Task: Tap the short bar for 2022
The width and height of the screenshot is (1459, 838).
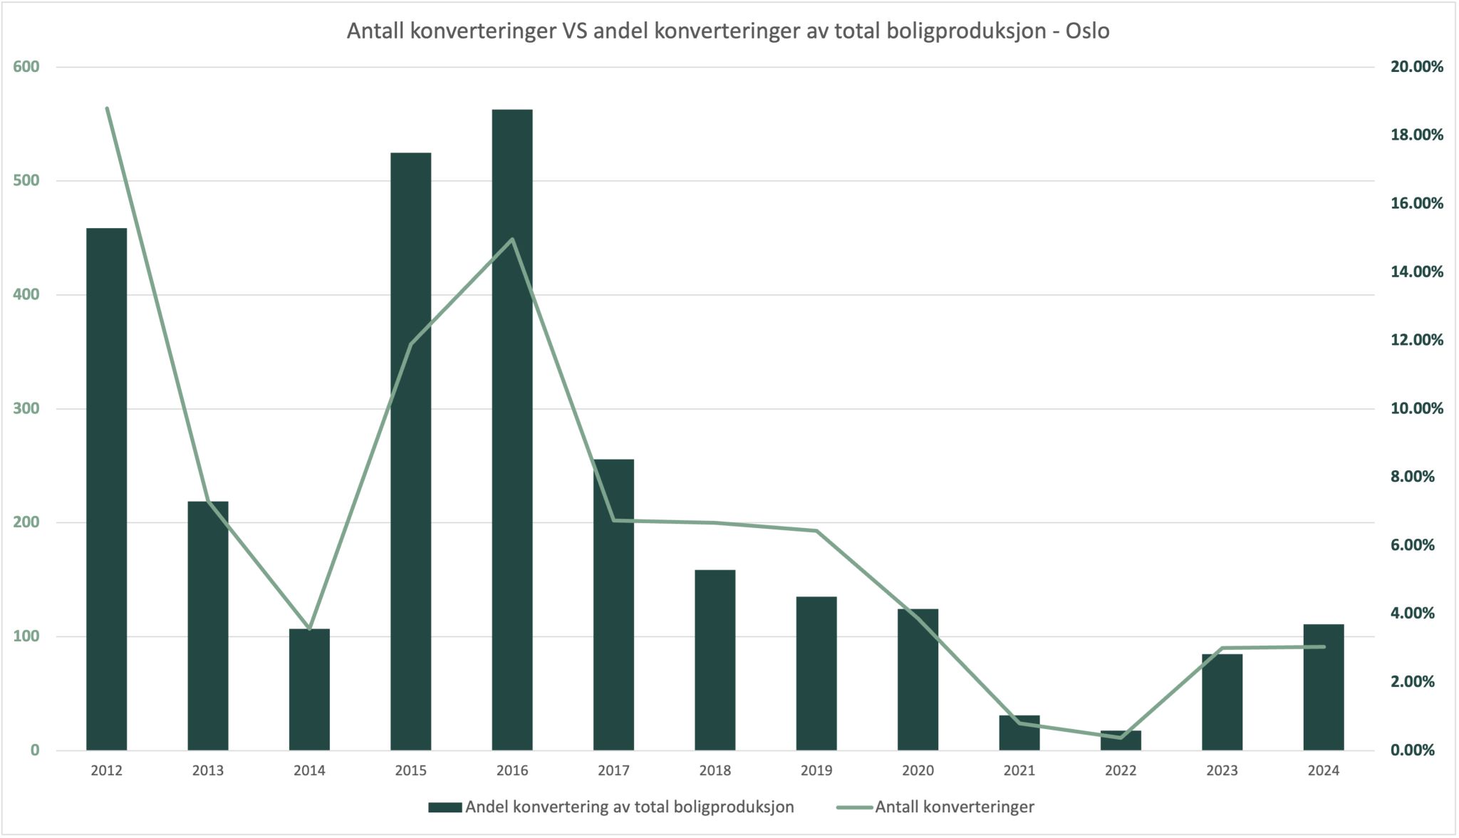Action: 1121,741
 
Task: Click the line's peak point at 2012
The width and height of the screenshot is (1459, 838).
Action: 107,108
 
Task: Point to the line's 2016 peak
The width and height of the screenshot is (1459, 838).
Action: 512,239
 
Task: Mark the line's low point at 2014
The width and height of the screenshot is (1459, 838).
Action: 309,629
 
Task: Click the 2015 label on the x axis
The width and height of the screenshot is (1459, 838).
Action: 411,771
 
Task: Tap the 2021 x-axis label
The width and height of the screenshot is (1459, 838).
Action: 1019,771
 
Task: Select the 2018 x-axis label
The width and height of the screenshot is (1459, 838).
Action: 715,771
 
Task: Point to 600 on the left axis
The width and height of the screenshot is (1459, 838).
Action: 26,67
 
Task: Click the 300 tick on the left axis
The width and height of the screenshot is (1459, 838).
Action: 26,409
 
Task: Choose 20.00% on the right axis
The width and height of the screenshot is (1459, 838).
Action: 1416,67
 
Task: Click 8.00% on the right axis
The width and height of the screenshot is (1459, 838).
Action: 1412,477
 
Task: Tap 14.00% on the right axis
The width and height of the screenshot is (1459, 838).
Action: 1416,271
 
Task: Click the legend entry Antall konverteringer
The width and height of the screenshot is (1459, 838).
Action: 954,807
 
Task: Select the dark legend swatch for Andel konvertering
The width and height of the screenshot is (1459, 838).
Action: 445,807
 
